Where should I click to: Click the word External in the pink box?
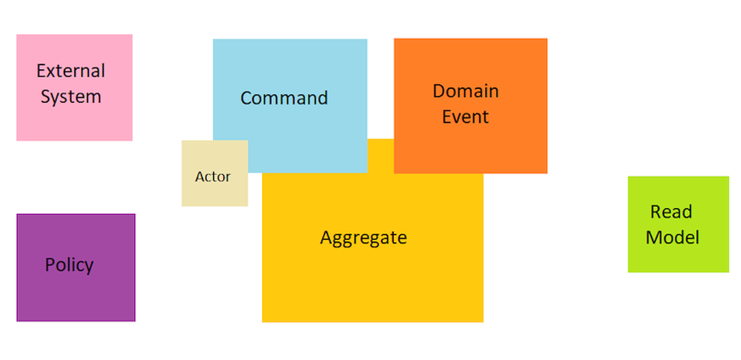pyautogui.click(x=71, y=71)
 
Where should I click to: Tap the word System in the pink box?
pyautogui.click(x=71, y=97)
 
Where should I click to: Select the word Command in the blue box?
pyautogui.click(x=284, y=98)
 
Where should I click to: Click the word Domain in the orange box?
pyautogui.click(x=466, y=91)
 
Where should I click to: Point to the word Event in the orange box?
pyautogui.click(x=465, y=117)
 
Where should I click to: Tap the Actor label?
pyautogui.click(x=213, y=177)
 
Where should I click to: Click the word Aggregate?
pyautogui.click(x=364, y=238)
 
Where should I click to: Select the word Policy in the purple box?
pyautogui.click(x=69, y=265)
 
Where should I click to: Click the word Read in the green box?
pyautogui.click(x=671, y=212)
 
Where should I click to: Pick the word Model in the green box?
pyautogui.click(x=672, y=238)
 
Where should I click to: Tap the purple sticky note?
pyautogui.click(x=75, y=295)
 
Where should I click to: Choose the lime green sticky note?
pyautogui.click(x=678, y=257)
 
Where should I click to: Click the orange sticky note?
pyautogui.click(x=470, y=147)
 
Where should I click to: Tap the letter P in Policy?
pyautogui.click(x=49, y=265)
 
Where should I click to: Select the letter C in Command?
pyautogui.click(x=246, y=98)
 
